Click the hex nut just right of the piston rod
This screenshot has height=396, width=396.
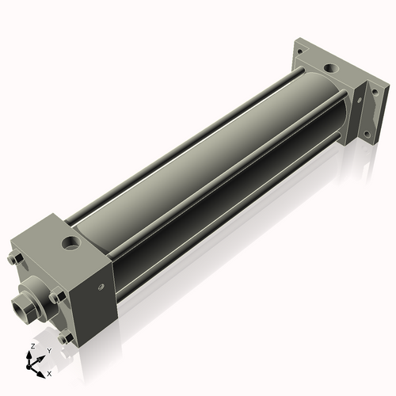point(55,298)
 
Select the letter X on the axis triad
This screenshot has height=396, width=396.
point(49,372)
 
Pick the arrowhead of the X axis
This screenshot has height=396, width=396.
point(41,370)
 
